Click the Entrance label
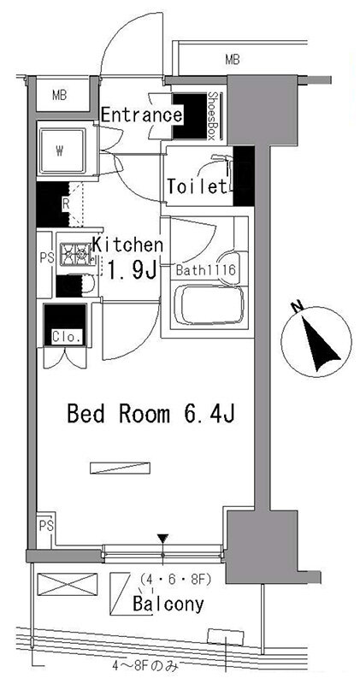tap(142, 115)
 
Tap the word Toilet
tap(198, 186)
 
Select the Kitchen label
tap(129, 245)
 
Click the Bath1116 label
tap(206, 270)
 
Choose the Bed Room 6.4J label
tap(151, 414)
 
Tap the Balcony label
tap(168, 604)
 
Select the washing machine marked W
tap(62, 151)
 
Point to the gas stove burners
tap(75, 253)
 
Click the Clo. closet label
tap(68, 337)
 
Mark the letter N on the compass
tap(298, 308)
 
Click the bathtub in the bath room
tap(209, 304)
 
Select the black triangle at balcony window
tap(163, 539)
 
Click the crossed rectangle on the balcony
tap(68, 584)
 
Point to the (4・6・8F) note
tap(175, 581)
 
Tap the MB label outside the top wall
tap(233, 60)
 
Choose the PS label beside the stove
tap(46, 258)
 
